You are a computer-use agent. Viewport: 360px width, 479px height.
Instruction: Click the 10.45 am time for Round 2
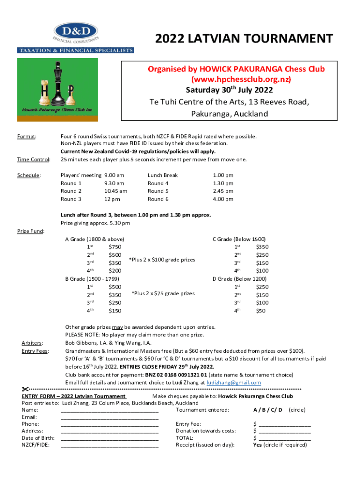tap(115, 191)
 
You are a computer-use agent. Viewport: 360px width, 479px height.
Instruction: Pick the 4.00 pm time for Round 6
tap(223, 199)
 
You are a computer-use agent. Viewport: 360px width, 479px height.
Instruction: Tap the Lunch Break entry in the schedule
tap(163, 175)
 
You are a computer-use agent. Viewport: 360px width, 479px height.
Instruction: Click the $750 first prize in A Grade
tap(115, 247)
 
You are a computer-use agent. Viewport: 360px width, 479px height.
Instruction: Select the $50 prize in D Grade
tap(262, 310)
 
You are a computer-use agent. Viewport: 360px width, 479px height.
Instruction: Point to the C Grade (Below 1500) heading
tap(239, 239)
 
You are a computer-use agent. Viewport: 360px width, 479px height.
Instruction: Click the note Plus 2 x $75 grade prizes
tap(163, 293)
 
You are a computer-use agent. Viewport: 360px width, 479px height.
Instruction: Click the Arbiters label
tap(33, 343)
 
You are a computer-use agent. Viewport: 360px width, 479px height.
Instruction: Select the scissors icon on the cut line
tap(25, 389)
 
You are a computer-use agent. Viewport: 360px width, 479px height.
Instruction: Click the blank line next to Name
tap(109, 410)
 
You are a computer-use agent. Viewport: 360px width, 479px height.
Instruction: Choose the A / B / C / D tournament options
tap(267, 410)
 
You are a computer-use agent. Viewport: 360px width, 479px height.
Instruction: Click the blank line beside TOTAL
tap(285, 438)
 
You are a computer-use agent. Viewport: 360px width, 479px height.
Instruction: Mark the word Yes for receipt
tap(257, 445)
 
